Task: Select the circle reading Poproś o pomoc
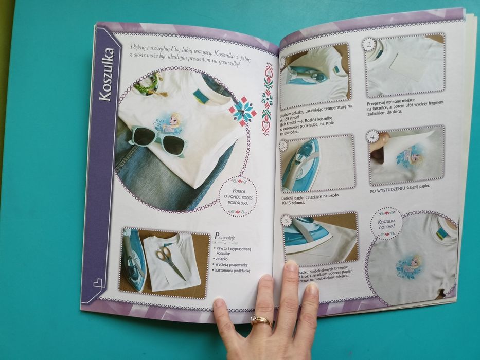click(237, 195)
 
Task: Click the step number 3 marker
click(283, 146)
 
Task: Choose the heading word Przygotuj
click(225, 237)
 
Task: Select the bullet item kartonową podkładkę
click(234, 271)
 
